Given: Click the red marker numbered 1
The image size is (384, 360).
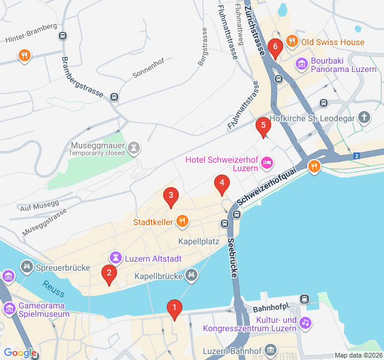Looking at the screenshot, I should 175,309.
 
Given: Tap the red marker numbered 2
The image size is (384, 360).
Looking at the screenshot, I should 109,274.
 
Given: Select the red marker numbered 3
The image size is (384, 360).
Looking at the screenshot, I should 171,196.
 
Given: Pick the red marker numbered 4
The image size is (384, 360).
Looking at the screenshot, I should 222,184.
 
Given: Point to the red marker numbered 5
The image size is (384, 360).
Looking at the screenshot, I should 262,127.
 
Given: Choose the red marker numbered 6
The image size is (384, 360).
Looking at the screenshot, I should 275,46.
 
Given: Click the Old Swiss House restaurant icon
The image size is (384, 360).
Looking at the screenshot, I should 292,41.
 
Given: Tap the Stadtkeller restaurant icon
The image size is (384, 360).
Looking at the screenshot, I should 182,222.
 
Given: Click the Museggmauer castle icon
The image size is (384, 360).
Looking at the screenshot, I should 133,147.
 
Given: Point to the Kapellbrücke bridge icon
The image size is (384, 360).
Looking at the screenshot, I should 191,275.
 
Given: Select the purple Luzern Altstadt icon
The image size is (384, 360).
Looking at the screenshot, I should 115,258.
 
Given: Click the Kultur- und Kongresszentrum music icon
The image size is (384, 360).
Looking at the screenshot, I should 306,323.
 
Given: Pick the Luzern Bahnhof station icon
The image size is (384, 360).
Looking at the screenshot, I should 271,349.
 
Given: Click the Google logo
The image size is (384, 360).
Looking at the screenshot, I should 20,353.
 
